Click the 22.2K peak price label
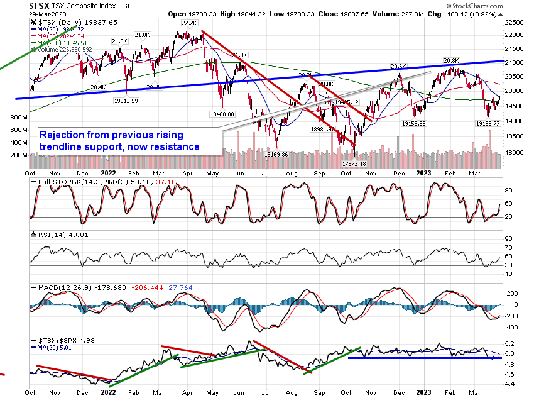coord(190,23)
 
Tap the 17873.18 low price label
coord(354,163)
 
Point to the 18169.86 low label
coord(276,154)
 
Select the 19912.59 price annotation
coord(126,100)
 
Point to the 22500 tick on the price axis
coord(516,21)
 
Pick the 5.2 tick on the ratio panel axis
coord(511,344)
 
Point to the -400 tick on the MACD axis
coord(511,327)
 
